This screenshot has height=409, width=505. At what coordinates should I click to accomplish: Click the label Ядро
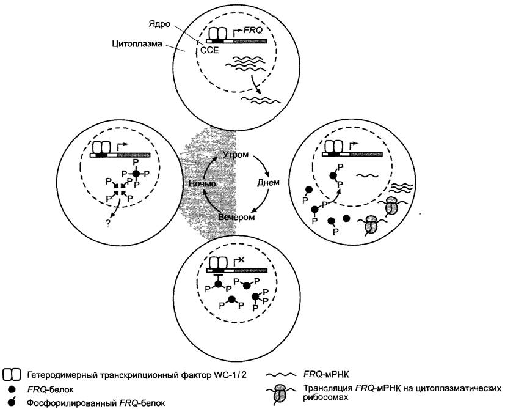pos(159,24)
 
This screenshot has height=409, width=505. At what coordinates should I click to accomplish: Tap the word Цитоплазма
pos(137,43)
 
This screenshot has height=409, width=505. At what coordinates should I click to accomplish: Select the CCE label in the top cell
pos(209,50)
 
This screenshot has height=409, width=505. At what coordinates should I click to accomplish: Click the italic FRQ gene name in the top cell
pos(253,31)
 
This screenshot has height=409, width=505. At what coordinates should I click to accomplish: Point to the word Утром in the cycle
pos(236,155)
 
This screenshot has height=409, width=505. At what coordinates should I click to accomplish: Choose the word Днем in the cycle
pos(268,182)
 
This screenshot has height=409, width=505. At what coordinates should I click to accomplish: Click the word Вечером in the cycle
pos(236,217)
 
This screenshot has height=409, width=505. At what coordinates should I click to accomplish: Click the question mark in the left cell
pos(107,223)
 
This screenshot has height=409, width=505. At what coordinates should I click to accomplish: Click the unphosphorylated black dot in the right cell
pos(347,218)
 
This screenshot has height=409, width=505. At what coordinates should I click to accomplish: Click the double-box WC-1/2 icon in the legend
pos(12,374)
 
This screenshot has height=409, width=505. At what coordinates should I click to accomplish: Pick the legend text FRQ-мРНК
pos(326,375)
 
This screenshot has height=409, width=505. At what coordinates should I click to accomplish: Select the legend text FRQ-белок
pos(50,389)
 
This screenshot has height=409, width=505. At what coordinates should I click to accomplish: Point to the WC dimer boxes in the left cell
pos(101,148)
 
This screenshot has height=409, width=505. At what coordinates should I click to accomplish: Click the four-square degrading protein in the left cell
pos(120,190)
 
